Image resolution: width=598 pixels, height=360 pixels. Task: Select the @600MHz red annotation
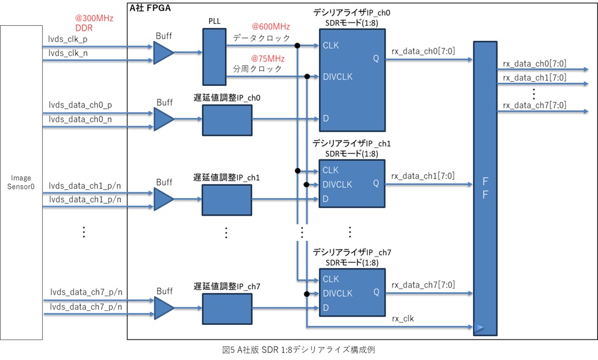click(270, 27)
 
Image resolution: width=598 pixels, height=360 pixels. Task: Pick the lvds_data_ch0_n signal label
click(80, 119)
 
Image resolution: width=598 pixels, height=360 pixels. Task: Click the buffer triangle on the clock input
click(164, 53)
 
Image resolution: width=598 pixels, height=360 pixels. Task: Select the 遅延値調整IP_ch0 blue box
click(227, 121)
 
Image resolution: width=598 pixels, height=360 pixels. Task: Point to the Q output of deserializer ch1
click(376, 183)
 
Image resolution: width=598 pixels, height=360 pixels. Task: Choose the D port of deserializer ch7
click(326, 307)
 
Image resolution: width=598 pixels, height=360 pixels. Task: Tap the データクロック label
click(261, 37)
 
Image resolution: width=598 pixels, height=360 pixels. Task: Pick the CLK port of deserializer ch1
click(331, 170)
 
